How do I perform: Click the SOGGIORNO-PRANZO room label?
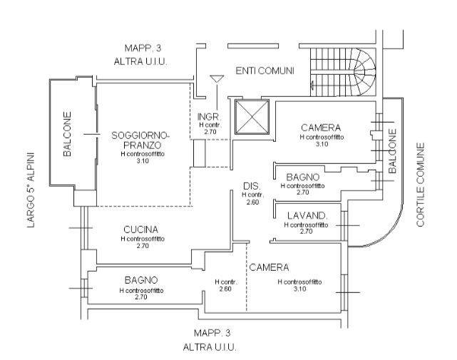(140, 140)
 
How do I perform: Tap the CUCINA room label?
(140, 230)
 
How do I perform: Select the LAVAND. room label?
(307, 216)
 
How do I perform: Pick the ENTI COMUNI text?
(265, 71)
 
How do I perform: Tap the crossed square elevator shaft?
(250, 117)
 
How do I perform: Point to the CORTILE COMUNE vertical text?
(421, 185)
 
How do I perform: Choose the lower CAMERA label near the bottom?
(269, 267)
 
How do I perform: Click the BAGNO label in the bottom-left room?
(140, 281)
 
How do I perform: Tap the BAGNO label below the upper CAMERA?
(307, 177)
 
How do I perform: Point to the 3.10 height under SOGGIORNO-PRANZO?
(140, 162)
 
